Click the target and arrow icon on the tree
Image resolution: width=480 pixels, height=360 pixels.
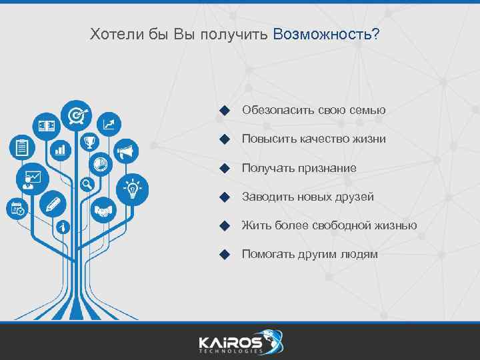tap(77, 115)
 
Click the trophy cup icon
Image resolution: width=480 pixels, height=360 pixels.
tap(89, 142)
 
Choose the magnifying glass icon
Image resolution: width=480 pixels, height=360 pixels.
tap(86, 184)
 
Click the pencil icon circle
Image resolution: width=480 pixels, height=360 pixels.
tap(53, 204)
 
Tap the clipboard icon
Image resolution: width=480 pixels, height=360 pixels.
tap(22, 147)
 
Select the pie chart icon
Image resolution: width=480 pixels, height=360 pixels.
tap(100, 162)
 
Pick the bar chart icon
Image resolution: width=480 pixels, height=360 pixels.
tap(61, 149)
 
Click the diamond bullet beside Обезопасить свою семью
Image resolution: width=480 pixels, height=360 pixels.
tap(225, 110)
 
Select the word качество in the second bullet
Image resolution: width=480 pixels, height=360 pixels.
tap(321, 139)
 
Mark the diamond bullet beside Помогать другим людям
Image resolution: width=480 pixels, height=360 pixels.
tap(225, 254)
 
